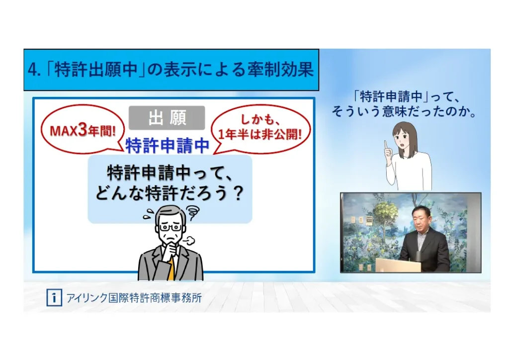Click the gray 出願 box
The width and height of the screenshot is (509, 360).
tap(167, 118)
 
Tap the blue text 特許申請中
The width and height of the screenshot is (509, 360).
tap(168, 145)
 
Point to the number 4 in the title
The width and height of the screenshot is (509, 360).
tap(32, 70)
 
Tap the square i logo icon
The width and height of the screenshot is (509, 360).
tap(54, 297)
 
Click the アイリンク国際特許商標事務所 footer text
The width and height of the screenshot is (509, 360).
tap(134, 297)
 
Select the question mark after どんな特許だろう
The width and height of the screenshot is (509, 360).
tap(239, 193)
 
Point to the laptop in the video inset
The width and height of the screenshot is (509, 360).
tap(398, 265)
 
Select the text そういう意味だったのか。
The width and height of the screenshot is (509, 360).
tap(404, 111)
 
